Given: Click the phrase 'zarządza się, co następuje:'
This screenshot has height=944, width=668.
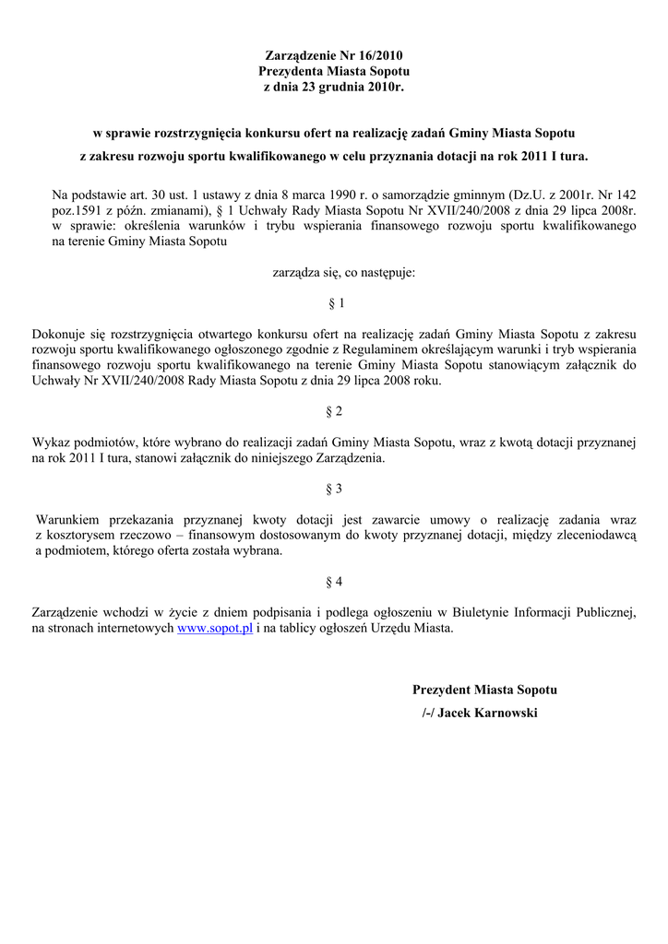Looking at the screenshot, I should pyautogui.click(x=343, y=272).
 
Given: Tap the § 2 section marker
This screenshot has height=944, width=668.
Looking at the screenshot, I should pyautogui.click(x=335, y=411).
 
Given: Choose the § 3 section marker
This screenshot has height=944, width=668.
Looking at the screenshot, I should pyautogui.click(x=335, y=489).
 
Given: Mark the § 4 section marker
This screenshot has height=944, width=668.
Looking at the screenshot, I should pyautogui.click(x=335, y=582).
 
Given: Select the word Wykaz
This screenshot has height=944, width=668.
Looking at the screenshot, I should pyautogui.click(x=50, y=442).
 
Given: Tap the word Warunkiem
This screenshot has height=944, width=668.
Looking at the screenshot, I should pyautogui.click(x=67, y=520).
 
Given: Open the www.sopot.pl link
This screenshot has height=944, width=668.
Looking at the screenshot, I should pyautogui.click(x=215, y=629).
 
